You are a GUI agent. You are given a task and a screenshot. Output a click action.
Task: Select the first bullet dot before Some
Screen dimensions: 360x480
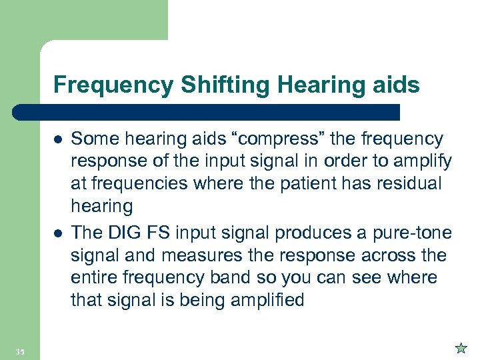tap(58, 139)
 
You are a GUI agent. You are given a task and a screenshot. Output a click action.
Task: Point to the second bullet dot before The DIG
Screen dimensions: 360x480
tap(58, 233)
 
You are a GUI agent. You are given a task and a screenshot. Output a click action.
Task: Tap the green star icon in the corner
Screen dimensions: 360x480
tap(461, 348)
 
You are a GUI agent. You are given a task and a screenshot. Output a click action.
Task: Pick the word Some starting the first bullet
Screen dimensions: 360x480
tap(93, 139)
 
